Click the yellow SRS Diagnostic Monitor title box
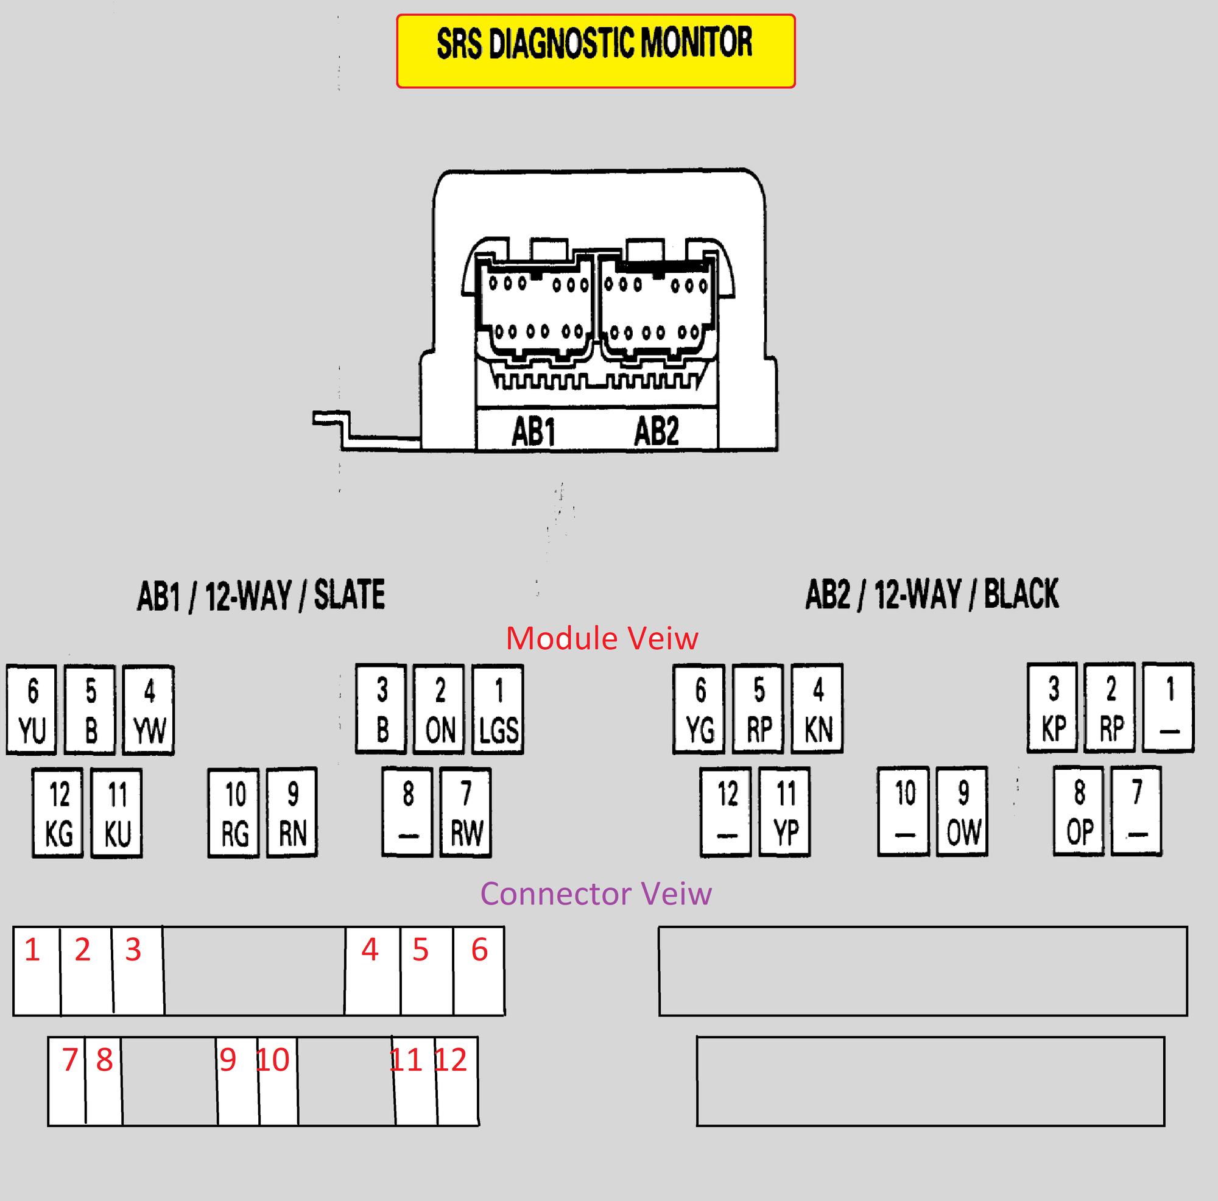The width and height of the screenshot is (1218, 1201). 596,51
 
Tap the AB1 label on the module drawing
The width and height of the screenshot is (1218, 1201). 533,432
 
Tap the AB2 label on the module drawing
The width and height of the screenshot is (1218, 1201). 657,431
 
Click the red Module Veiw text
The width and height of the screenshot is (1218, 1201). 602,638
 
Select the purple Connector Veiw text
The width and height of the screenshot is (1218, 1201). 596,893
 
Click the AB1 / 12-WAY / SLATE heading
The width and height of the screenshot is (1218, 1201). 261,595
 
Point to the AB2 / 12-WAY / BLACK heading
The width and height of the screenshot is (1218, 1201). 932,594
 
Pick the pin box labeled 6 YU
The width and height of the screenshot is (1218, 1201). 32,710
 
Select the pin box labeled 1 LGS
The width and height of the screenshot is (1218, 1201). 498,710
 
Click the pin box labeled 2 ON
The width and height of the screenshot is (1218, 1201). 440,710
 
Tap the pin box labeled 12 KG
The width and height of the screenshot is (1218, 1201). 58,812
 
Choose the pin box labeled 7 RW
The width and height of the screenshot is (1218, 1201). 466,812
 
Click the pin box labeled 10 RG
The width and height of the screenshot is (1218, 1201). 234,812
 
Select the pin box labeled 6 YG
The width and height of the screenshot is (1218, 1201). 699,709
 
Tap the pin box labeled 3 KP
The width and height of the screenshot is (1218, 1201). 1053,707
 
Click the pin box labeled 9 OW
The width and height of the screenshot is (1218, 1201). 963,811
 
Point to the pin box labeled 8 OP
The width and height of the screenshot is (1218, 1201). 1079,811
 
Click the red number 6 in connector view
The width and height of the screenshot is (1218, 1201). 480,949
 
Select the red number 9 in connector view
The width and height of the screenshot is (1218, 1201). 228,1059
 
